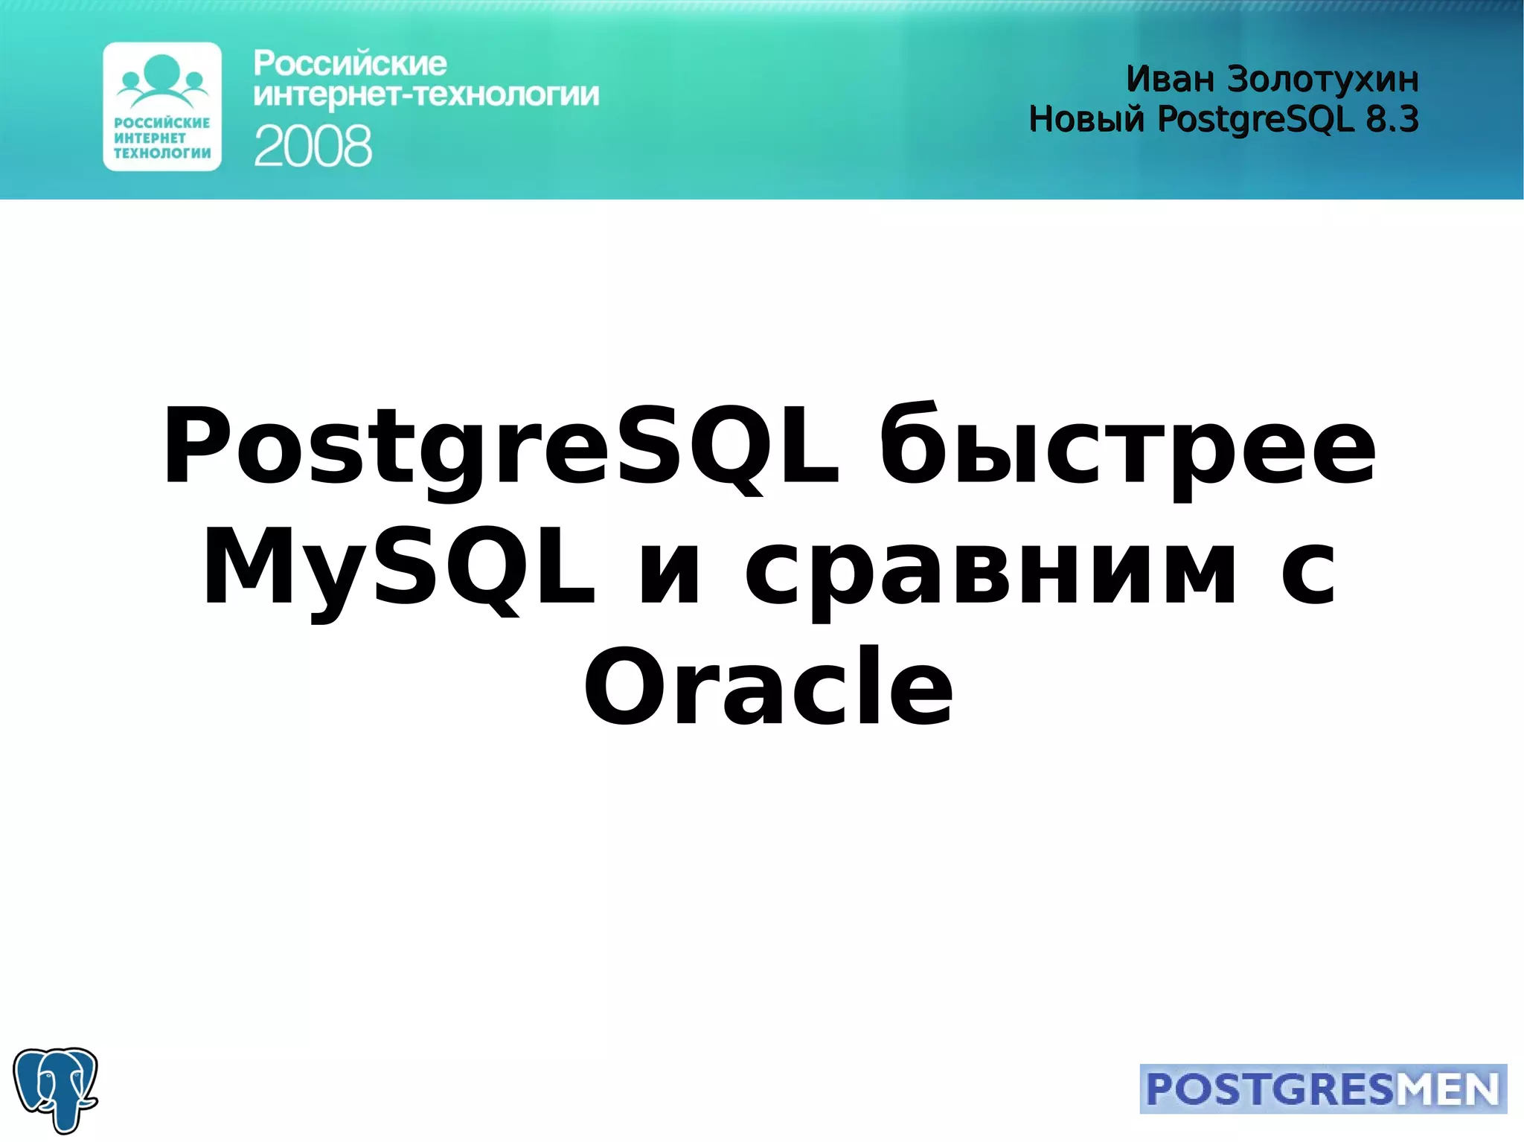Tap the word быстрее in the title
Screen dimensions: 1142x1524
click(x=1127, y=446)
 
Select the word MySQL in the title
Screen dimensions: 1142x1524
click(x=399, y=567)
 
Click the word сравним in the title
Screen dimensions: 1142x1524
click(x=990, y=567)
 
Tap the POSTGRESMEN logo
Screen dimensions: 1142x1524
click(x=1322, y=1089)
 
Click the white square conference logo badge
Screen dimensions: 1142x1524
click(x=162, y=106)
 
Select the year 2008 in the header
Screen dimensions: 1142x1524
click(x=313, y=146)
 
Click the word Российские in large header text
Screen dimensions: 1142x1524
click(x=350, y=64)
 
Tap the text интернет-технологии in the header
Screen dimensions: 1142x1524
click(x=426, y=95)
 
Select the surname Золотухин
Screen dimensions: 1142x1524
click(x=1322, y=79)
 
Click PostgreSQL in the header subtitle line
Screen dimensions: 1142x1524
click(x=1255, y=119)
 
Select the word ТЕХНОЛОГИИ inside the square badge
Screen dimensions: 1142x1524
click(x=162, y=153)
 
